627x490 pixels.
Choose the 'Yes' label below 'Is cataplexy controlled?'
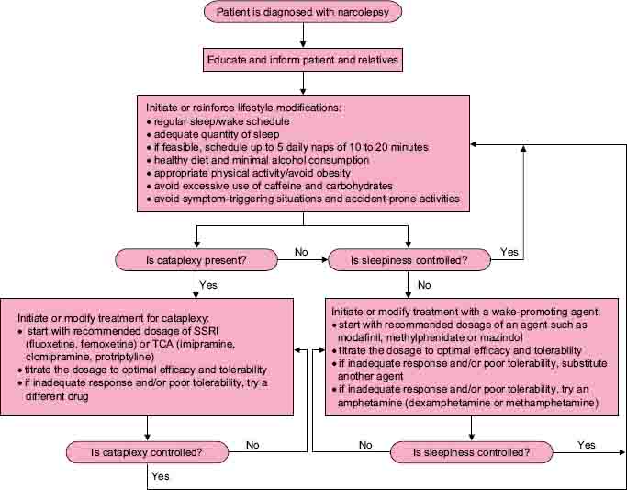click(162, 476)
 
